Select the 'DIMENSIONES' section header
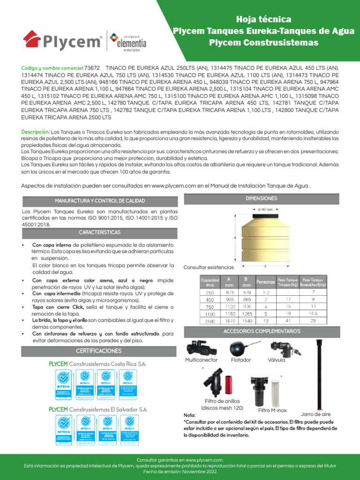click(x=261, y=199)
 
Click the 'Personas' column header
click(x=265, y=282)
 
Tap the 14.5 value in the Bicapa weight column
click(x=314, y=314)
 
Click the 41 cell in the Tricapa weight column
click(x=288, y=321)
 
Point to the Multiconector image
click(x=201, y=348)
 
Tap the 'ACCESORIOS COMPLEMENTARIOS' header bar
click(x=261, y=331)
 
